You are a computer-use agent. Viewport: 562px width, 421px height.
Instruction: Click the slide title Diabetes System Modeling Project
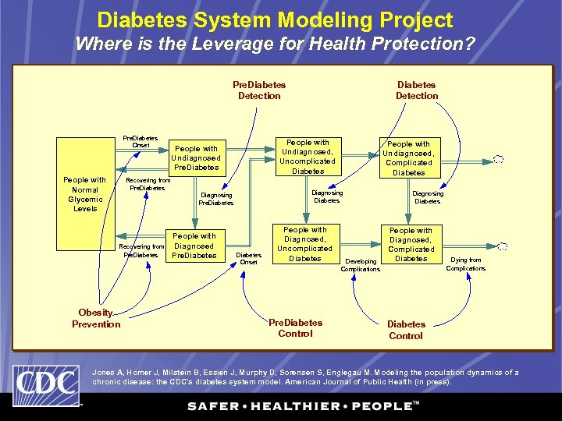[275, 19]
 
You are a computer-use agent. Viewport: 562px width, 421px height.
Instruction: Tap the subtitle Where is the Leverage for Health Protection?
[275, 44]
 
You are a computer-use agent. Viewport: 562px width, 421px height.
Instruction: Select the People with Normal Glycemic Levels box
[85, 194]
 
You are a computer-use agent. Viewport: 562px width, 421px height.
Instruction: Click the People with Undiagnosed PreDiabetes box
[197, 157]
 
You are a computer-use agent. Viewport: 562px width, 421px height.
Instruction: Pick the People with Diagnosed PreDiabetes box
[194, 246]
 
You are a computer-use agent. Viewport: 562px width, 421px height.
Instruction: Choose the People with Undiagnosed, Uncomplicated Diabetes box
[308, 157]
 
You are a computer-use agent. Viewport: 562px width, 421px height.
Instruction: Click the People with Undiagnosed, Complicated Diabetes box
[409, 158]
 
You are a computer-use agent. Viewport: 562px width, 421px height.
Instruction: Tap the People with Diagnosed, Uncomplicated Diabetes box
[305, 244]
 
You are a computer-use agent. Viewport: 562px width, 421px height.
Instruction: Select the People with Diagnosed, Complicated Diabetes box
[411, 244]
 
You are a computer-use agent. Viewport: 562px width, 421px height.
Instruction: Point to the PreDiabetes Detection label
[259, 90]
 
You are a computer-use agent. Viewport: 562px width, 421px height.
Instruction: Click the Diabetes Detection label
[417, 90]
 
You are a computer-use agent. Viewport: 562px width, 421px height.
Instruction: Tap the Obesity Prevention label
[96, 319]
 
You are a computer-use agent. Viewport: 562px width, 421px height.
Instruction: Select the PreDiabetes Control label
[295, 328]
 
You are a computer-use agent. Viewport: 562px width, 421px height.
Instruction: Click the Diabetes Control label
[406, 330]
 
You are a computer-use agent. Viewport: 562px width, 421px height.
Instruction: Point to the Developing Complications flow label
[361, 265]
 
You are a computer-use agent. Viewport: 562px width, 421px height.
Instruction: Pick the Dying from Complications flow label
[466, 264]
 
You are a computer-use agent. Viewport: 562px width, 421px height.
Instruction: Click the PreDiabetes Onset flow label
[140, 142]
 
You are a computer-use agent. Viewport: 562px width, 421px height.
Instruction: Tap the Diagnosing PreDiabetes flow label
[216, 200]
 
